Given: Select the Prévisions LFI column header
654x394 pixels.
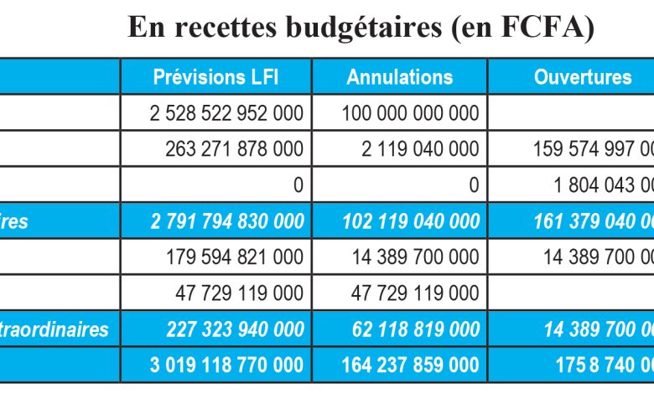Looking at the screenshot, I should pos(215,77).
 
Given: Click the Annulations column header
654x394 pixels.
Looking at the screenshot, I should pos(400,77).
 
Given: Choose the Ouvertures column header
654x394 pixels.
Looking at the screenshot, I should pos(583,77).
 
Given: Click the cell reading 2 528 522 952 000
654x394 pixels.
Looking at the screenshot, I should pos(226,113).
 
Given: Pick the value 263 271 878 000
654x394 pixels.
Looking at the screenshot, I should pos(236,149).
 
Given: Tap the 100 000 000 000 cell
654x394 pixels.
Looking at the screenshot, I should pos(411,113).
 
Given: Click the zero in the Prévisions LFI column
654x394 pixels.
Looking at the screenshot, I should pos(298,185).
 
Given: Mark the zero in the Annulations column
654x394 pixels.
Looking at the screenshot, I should pos(475,185).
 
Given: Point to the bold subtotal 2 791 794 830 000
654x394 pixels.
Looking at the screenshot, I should pos(226,221).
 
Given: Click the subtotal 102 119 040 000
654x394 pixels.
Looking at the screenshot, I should pos(411,221).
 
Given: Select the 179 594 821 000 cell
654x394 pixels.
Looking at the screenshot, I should pos(236,257).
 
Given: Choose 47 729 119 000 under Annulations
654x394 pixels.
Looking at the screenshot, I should pos(417,293).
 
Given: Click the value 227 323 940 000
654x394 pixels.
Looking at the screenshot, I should pos(236,329).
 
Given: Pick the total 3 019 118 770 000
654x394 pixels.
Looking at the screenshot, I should pos(226,365).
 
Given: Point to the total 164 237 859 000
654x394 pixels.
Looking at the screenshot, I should pos(411,365).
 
